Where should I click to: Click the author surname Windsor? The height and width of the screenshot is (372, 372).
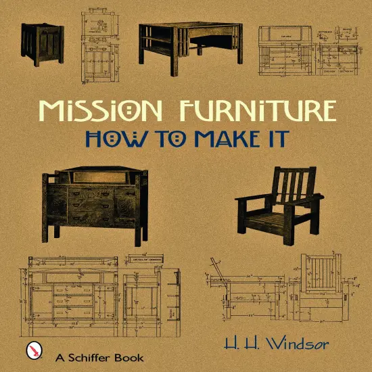pos(300,345)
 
